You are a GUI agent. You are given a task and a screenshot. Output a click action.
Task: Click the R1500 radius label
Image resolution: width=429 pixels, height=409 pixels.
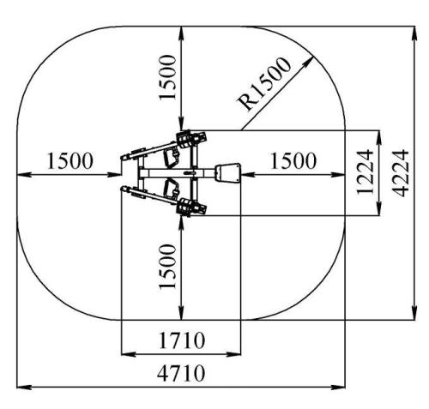tap(264, 83)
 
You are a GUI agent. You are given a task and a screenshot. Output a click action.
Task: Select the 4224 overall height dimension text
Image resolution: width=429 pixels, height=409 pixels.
tap(401, 173)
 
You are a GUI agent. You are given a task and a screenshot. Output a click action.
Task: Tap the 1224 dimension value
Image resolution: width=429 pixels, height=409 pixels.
tap(365, 171)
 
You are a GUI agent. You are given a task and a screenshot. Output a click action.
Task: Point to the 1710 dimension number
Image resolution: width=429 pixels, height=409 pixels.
tap(182, 340)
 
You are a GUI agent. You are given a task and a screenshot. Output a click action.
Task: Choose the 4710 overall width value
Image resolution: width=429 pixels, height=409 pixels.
tap(181, 373)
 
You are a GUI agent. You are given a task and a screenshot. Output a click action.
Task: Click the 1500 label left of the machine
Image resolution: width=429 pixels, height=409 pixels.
tap(69, 161)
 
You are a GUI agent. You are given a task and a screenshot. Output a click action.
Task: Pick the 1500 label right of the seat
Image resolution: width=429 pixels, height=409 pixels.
tap(293, 161)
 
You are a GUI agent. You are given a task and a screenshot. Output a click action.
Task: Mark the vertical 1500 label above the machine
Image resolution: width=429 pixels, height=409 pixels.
tap(167, 77)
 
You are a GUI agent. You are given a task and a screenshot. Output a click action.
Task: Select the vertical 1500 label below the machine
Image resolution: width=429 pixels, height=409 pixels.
tap(167, 267)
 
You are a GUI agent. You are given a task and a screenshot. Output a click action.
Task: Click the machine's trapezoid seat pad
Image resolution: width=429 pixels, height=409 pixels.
tap(228, 173)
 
